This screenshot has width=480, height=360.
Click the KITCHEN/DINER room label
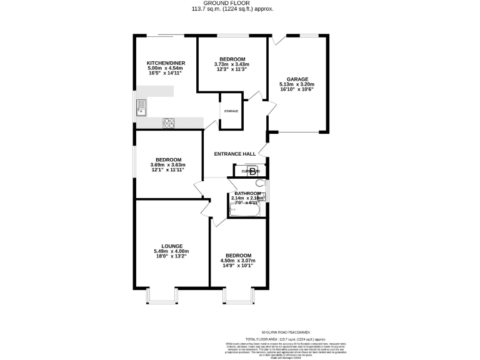coord(164,63)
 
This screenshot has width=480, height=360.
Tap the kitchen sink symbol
coord(141,107)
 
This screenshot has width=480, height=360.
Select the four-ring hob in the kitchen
coord(169,123)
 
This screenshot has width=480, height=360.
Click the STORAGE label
coord(231,111)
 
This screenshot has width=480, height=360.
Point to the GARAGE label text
coord(297,79)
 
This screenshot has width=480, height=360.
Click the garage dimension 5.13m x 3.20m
coord(297,84)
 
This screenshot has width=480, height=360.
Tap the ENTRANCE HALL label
coord(235,154)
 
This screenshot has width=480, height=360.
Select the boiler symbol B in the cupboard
coord(252,171)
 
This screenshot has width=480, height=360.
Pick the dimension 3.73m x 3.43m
coord(231,64)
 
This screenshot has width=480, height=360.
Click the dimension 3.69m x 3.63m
coord(168,164)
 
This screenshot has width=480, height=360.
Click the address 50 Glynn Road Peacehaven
coord(286,332)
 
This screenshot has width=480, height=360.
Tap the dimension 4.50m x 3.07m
coord(239,261)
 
